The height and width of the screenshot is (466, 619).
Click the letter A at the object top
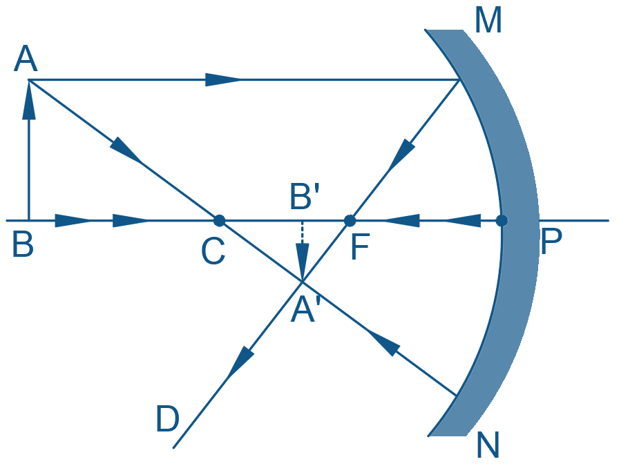pyautogui.click(x=26, y=59)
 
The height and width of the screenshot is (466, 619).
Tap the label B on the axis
pyautogui.click(x=23, y=244)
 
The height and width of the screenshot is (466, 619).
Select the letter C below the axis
pyautogui.click(x=213, y=251)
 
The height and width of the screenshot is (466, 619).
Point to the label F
pyautogui.click(x=360, y=247)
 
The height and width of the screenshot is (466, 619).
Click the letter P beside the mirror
pyautogui.click(x=551, y=242)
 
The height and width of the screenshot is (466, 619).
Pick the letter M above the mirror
pyautogui.click(x=488, y=21)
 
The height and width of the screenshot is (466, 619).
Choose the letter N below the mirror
pyautogui.click(x=488, y=445)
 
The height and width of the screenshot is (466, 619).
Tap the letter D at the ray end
pyautogui.click(x=168, y=418)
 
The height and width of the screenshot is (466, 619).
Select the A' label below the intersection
pyautogui.click(x=304, y=310)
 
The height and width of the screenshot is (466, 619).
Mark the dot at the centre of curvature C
pyautogui.click(x=219, y=220)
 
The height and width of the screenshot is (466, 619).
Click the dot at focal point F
pyautogui.click(x=350, y=220)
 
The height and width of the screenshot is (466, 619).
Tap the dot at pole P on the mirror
pyautogui.click(x=502, y=220)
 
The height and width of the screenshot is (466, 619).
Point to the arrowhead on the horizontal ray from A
pyautogui.click(x=223, y=79)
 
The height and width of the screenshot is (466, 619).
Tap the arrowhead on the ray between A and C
pyautogui.click(x=126, y=151)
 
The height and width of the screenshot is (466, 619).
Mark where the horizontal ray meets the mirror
pyautogui.click(x=459, y=79)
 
